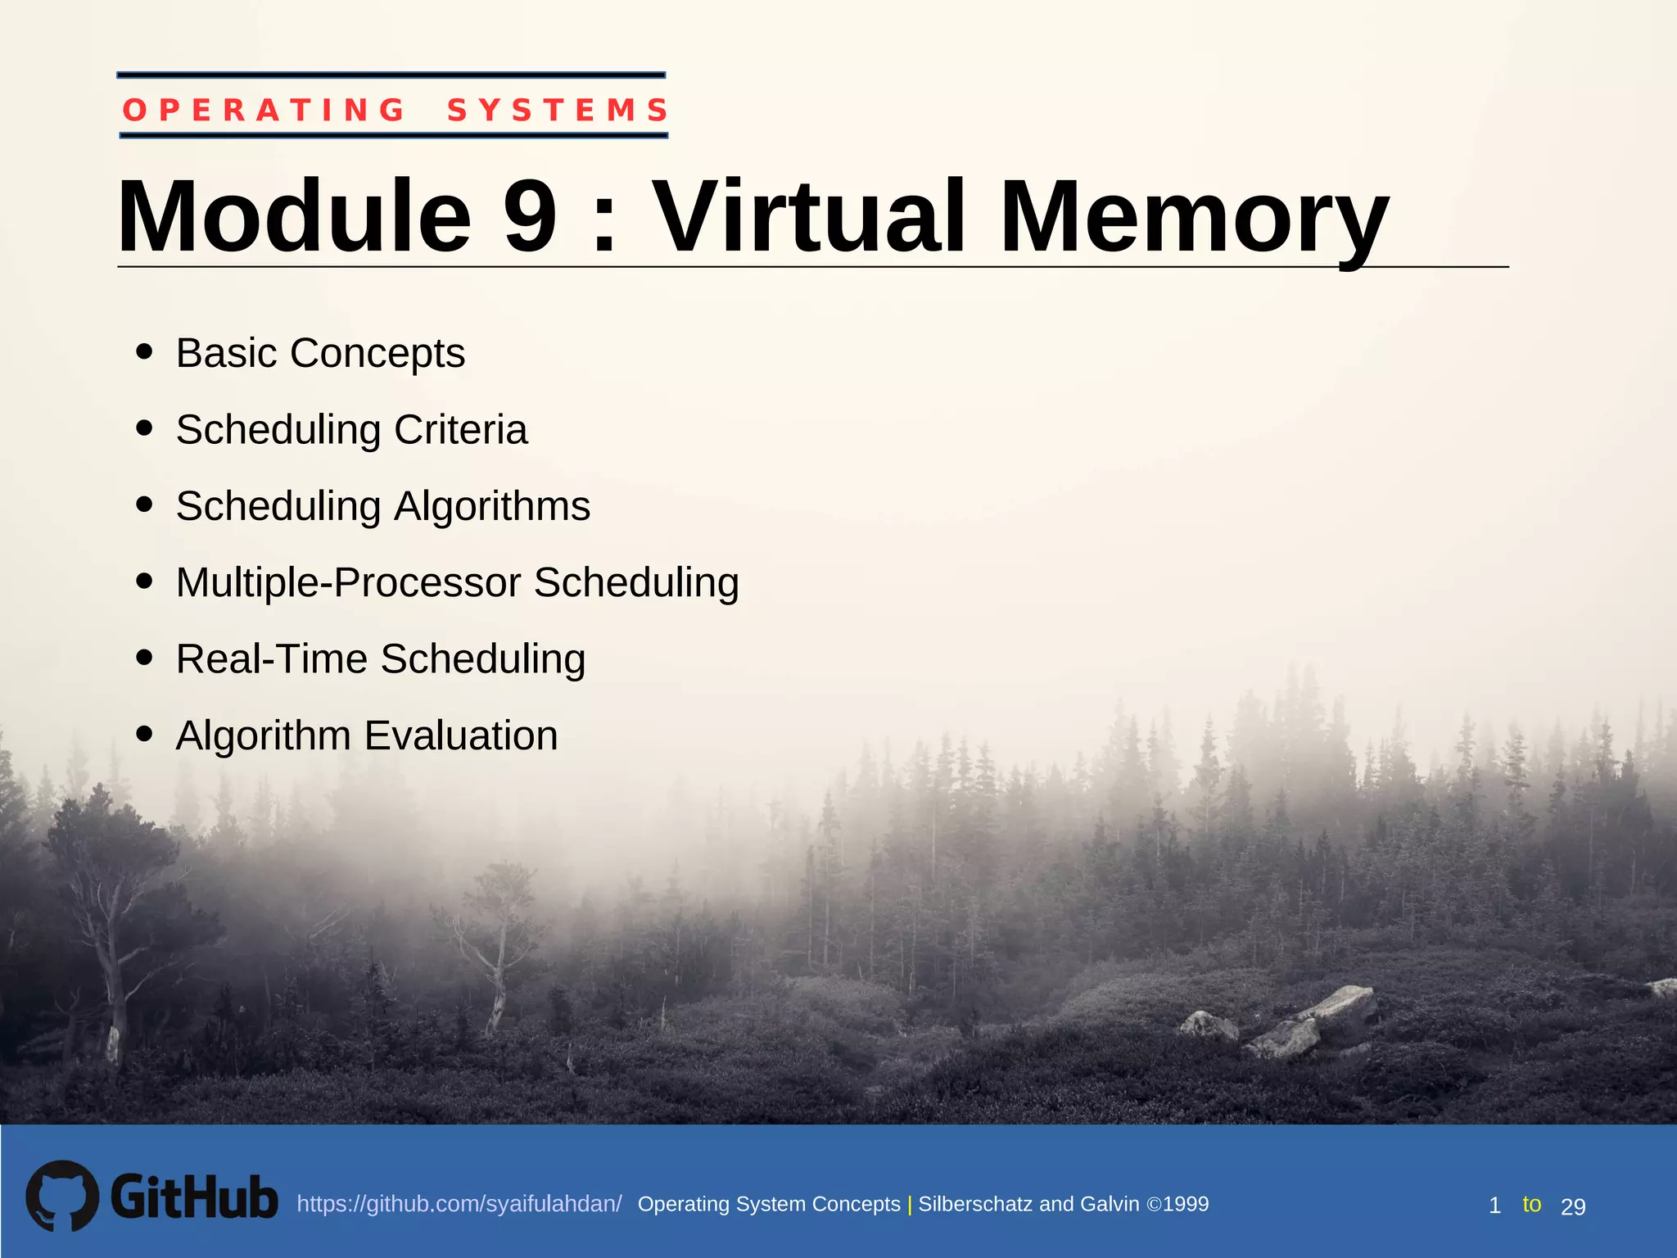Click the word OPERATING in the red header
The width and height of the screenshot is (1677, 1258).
click(x=264, y=110)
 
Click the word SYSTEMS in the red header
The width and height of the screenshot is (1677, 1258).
click(x=558, y=110)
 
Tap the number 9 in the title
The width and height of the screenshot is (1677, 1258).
click(x=530, y=217)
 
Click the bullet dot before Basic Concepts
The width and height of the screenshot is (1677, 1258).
click(x=145, y=351)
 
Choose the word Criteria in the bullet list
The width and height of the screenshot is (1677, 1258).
click(x=460, y=430)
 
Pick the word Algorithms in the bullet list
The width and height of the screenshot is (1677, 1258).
click(x=492, y=506)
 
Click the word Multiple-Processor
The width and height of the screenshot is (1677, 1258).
click(x=348, y=583)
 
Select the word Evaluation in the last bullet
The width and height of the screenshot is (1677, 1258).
click(x=461, y=735)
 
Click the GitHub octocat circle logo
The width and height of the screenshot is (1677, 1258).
click(x=62, y=1196)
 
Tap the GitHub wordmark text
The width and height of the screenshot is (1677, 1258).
click(x=194, y=1197)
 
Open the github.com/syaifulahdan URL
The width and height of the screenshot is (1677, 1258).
click(x=459, y=1204)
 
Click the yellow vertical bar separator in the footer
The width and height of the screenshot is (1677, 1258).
click(x=910, y=1205)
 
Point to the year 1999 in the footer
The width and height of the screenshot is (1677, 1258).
click(x=1186, y=1204)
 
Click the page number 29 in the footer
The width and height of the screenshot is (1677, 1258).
click(x=1573, y=1206)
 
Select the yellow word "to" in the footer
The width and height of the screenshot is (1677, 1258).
click(x=1531, y=1204)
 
